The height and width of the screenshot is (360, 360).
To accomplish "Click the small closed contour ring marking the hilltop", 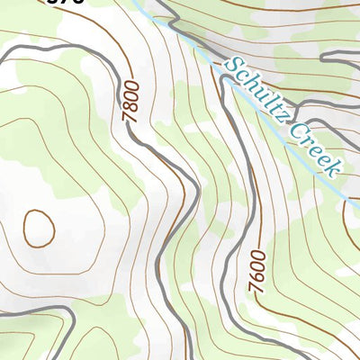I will tap(38, 228).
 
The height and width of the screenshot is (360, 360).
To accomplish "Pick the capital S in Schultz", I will tap(234, 66).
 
